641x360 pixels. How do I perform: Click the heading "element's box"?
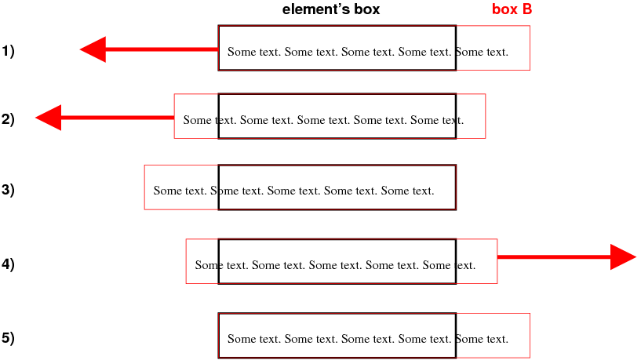coord(330,10)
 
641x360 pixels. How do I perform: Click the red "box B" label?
coord(512,10)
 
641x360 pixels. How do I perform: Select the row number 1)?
coord(9,52)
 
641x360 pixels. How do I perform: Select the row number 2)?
coord(9,120)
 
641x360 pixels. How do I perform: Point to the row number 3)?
coord(9,189)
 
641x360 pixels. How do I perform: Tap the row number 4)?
coord(9,264)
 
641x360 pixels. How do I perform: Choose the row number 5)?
coord(9,339)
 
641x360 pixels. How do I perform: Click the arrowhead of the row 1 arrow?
coord(93,49)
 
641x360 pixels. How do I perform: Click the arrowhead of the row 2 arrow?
coord(49,118)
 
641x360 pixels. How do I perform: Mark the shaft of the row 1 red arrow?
coord(162,49)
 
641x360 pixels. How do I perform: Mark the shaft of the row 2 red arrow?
coord(117,118)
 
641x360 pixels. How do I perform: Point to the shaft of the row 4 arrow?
coord(553,256)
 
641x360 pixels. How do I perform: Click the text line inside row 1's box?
coord(367,53)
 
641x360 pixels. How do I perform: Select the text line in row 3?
coord(293,191)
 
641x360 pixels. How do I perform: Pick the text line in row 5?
coord(367,340)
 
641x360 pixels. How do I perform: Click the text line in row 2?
coord(323,121)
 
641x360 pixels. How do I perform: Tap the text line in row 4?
coord(335,265)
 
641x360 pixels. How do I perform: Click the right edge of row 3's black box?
coord(456,187)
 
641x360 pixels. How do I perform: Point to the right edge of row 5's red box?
coord(530,336)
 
